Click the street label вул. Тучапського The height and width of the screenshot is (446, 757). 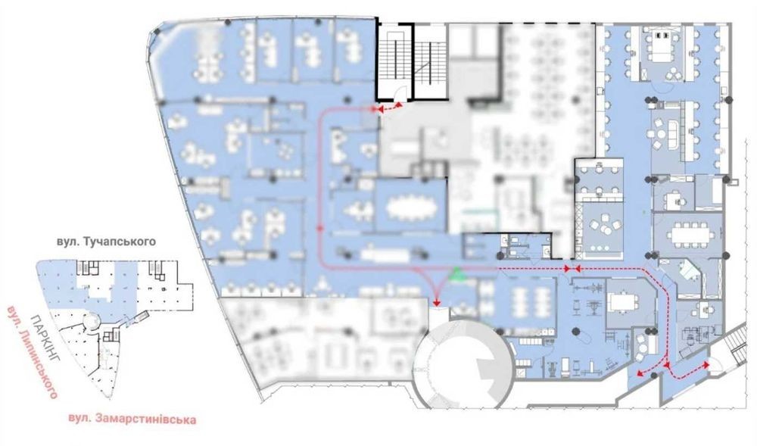click(106, 241)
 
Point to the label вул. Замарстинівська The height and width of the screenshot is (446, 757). click(132, 419)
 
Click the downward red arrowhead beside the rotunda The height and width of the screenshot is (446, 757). click(437, 302)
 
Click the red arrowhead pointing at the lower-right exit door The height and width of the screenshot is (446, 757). click(706, 366)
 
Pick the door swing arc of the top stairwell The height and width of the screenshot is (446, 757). click(400, 95)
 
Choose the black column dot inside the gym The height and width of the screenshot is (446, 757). click(575, 331)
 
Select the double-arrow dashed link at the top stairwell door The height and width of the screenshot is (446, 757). click(390, 108)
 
